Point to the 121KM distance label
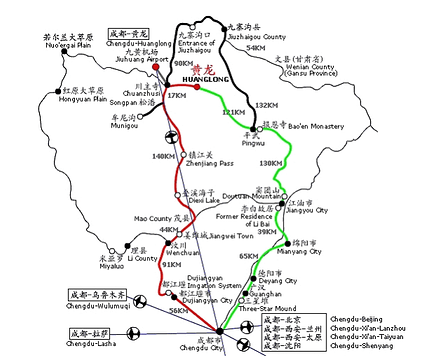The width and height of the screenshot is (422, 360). [x=231, y=112]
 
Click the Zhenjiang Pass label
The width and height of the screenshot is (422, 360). [x=212, y=163]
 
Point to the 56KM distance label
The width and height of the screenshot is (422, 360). [x=178, y=311]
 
